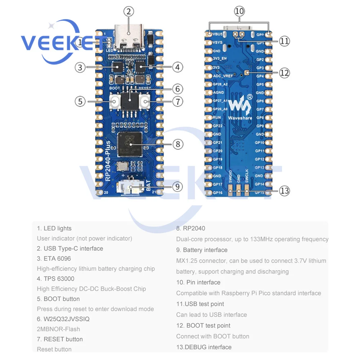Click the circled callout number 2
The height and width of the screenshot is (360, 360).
pos(129,12)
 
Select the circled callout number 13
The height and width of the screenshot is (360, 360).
pos(284,190)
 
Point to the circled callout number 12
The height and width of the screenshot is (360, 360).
pos(284,73)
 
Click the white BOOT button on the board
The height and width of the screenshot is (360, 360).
pos(115,102)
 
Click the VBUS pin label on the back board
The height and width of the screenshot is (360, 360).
pos(217,35)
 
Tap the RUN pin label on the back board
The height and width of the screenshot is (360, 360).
pos(217,118)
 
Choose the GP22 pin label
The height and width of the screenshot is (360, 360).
pos(218,126)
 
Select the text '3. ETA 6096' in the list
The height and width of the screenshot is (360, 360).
pos(54,258)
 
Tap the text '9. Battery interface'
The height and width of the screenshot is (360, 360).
pos(202,250)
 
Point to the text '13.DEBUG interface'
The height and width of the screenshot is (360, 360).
pos(204,347)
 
